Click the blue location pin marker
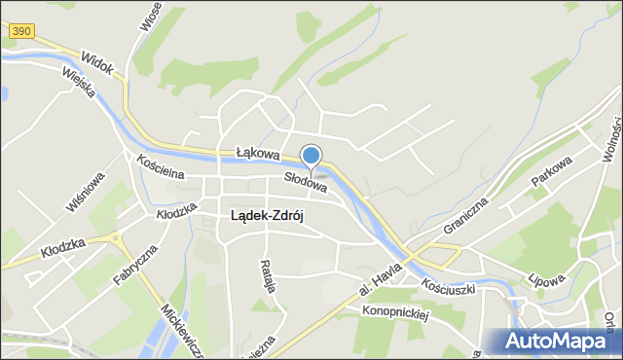[311, 157]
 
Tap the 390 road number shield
[21, 33]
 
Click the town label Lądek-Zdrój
[267, 216]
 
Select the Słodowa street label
[305, 179]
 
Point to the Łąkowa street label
[258, 154]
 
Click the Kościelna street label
[161, 168]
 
